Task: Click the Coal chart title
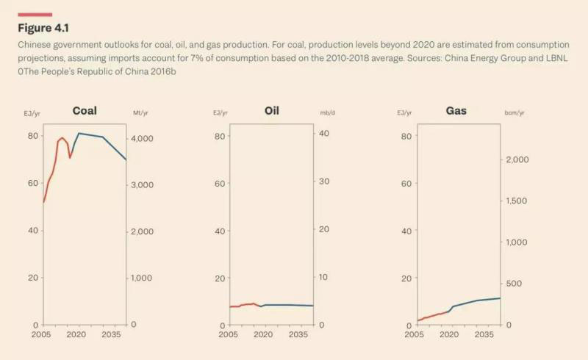coord(85,112)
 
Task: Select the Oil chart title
coord(272,112)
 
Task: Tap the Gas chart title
coord(456,112)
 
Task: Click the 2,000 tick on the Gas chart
coord(517,160)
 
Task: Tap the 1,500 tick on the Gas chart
coord(517,201)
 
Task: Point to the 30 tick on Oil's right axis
coord(321,181)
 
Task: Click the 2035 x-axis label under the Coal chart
coord(112,335)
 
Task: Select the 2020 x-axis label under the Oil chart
coord(262,335)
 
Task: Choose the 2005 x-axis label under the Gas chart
coord(415,335)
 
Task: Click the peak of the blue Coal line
coord(79,133)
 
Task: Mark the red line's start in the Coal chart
coord(44,202)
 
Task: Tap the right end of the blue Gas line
coord(500,298)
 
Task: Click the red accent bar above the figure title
coord(35,14)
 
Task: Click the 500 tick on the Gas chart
coord(514,284)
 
